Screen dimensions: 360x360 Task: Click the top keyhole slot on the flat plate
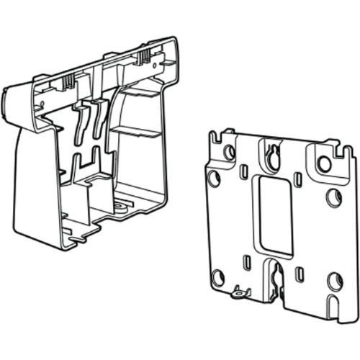pos(273,156)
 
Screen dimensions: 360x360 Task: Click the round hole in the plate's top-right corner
pos(325,164)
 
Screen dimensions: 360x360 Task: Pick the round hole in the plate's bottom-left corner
pos(218,278)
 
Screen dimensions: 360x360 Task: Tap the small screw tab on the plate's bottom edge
pos(237,293)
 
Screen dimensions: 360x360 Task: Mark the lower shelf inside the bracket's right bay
pos(136,133)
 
